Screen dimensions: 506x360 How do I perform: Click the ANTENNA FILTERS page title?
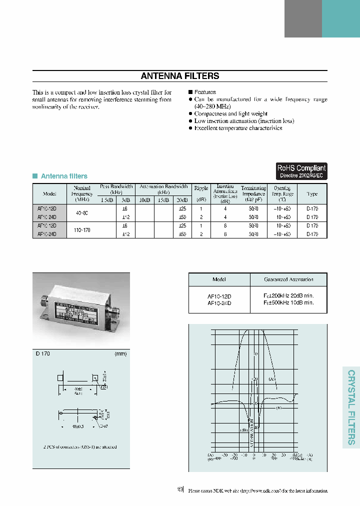[179, 76]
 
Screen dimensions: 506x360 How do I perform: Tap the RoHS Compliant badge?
[301, 171]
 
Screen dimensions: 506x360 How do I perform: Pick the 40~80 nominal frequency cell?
[82, 213]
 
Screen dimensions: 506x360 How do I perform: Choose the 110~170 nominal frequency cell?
[82, 229]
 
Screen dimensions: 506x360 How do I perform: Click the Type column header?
[311, 193]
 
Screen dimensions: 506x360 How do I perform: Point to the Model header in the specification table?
[49, 193]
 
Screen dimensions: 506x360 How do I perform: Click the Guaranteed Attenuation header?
[288, 279]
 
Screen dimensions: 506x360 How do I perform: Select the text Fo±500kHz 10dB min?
[288, 302]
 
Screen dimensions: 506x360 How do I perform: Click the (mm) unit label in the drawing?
[120, 354]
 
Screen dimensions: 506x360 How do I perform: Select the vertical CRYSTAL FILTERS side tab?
[351, 407]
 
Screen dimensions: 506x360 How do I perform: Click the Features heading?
[204, 92]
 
